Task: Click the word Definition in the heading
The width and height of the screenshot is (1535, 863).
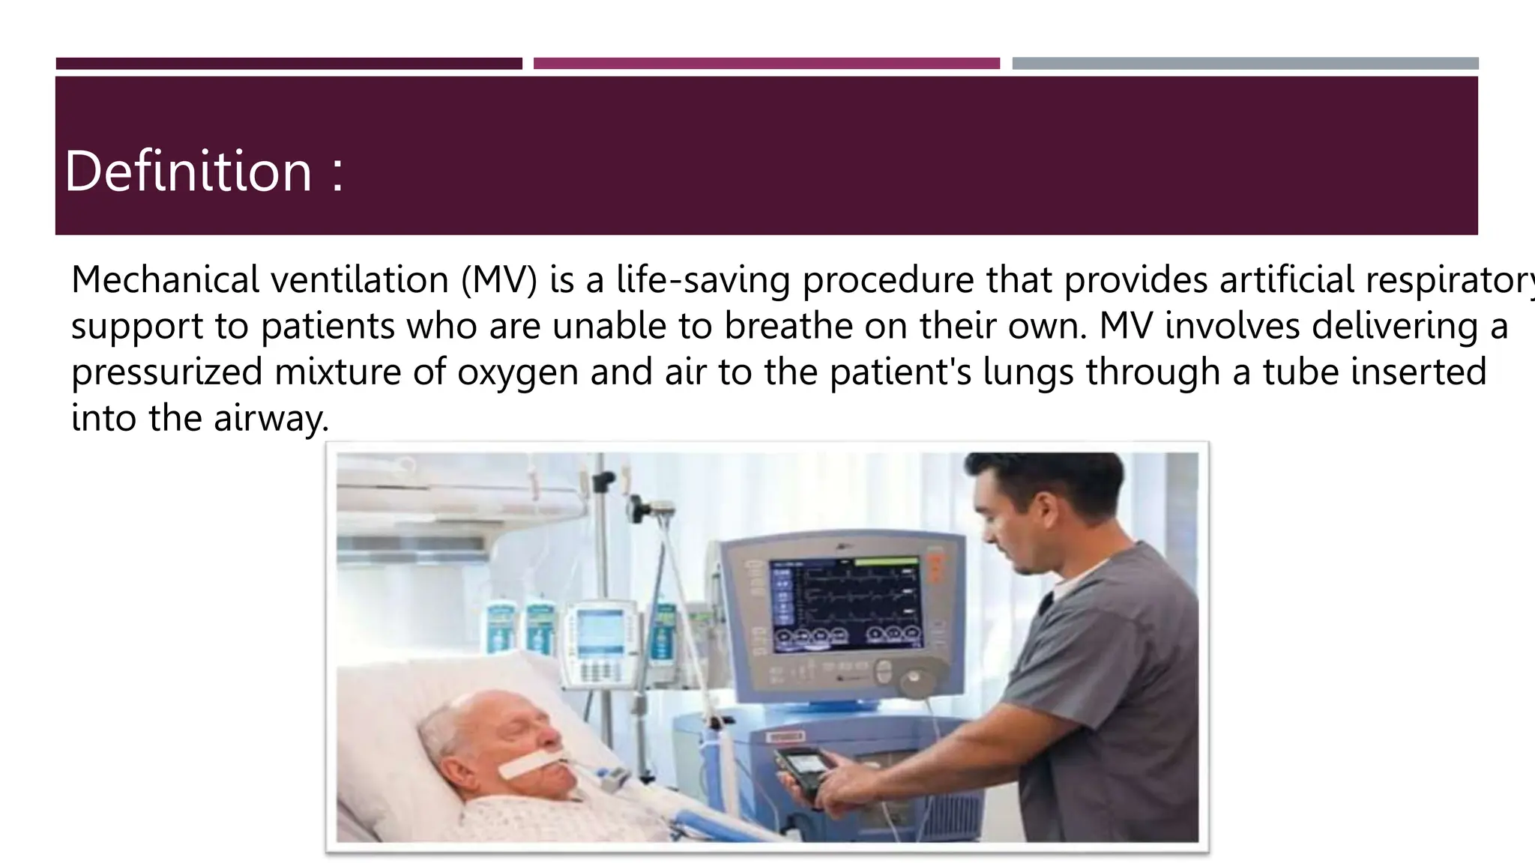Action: [188, 172]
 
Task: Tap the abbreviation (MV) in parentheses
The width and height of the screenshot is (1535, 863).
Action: [499, 280]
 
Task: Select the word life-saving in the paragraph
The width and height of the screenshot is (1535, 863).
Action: [703, 280]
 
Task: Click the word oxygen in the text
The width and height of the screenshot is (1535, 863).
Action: [518, 372]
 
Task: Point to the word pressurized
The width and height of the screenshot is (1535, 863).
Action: [166, 372]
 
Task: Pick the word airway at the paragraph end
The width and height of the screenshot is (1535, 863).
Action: [271, 419]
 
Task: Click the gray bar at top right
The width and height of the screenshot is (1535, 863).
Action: [1245, 64]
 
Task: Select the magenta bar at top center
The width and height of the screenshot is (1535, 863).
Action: [766, 64]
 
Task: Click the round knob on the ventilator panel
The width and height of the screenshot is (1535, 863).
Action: [914, 681]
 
